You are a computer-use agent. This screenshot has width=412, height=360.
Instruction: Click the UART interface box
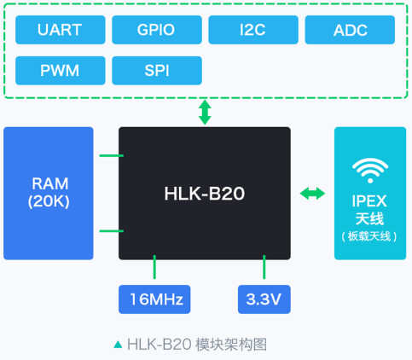[61, 30]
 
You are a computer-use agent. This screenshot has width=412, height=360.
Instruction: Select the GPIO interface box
[157, 30]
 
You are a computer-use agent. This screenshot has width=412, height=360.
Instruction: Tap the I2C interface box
[253, 30]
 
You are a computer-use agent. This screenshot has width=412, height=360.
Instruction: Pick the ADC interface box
[350, 30]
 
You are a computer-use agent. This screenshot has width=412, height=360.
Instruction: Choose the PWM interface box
[61, 71]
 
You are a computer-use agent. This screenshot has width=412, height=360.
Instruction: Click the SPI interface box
[157, 71]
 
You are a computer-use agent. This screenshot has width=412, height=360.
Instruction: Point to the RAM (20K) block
[49, 194]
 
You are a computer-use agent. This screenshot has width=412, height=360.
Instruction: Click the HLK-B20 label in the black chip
[205, 194]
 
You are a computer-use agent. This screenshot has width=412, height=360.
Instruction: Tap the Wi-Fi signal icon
[370, 171]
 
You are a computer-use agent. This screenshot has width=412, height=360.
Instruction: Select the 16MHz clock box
[154, 299]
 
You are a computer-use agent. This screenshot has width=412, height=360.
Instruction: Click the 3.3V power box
[264, 299]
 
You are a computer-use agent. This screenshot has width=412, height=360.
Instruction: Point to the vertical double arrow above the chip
[205, 113]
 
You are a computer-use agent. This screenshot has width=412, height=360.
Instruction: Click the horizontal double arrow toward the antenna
[312, 194]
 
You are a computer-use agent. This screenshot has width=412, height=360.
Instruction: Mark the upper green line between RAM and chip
[111, 155]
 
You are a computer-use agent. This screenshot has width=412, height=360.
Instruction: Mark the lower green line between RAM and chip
[111, 231]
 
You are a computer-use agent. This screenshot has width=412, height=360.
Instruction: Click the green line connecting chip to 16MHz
[154, 267]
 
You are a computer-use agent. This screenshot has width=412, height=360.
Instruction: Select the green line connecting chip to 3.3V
[264, 267]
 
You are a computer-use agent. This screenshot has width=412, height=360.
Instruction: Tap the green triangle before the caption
[118, 345]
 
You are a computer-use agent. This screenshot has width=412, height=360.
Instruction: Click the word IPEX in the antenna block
[369, 201]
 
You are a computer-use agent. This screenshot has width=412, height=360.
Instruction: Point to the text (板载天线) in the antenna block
[369, 236]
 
